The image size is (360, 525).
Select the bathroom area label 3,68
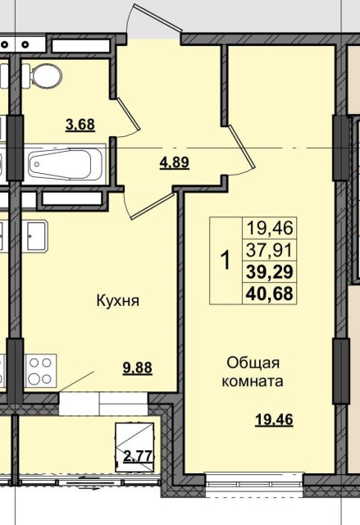(80, 125)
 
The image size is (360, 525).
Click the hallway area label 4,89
(174, 162)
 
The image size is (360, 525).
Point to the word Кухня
(116, 300)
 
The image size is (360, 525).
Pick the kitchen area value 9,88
(139, 368)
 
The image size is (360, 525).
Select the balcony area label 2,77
(137, 457)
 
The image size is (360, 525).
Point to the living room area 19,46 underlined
(274, 421)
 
